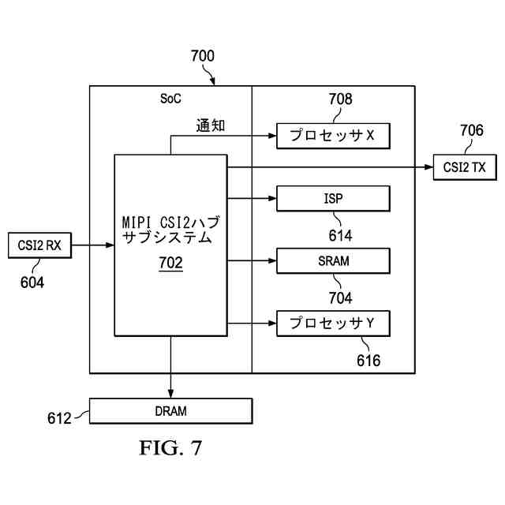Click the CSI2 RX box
pos(39,245)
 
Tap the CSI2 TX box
pos(465,167)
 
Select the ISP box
pos(333,198)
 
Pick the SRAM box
pos(333,261)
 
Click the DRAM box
pos(170,411)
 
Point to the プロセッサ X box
pos(333,136)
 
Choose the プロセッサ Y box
pos(333,324)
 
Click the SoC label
pos(170,99)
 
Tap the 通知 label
pos(211,125)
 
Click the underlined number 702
pos(170,263)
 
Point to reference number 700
pos(203,56)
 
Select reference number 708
pos(340,99)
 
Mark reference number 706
pos(472,130)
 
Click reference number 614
pos(340,235)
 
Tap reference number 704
pos(340,298)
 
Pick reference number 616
pos(368,361)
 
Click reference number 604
pos(32,282)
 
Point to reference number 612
pos(59,418)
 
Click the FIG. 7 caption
pos(170,447)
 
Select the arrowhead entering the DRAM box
pos(170,394)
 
